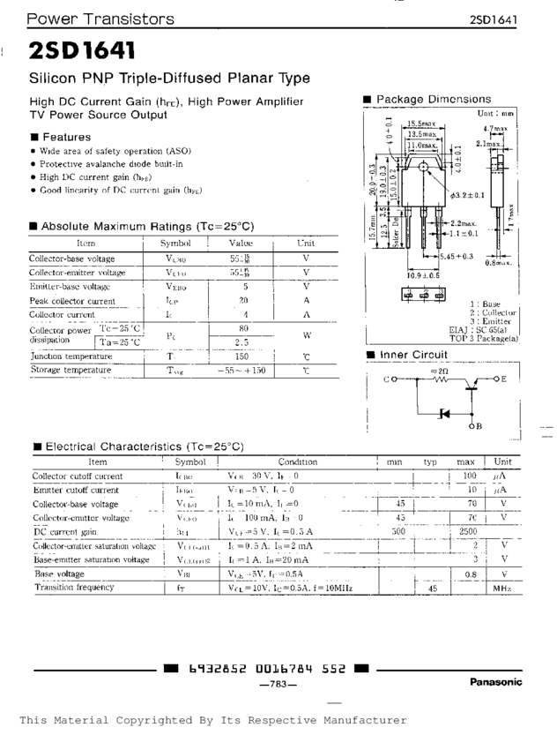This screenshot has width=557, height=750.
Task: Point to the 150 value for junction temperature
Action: [241, 356]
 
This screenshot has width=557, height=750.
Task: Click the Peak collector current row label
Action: [72, 301]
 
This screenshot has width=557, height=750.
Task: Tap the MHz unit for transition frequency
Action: [502, 587]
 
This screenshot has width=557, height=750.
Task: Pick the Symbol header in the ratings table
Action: [176, 243]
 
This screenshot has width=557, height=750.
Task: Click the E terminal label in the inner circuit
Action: [503, 379]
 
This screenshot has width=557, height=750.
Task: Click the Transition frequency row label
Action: [74, 587]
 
